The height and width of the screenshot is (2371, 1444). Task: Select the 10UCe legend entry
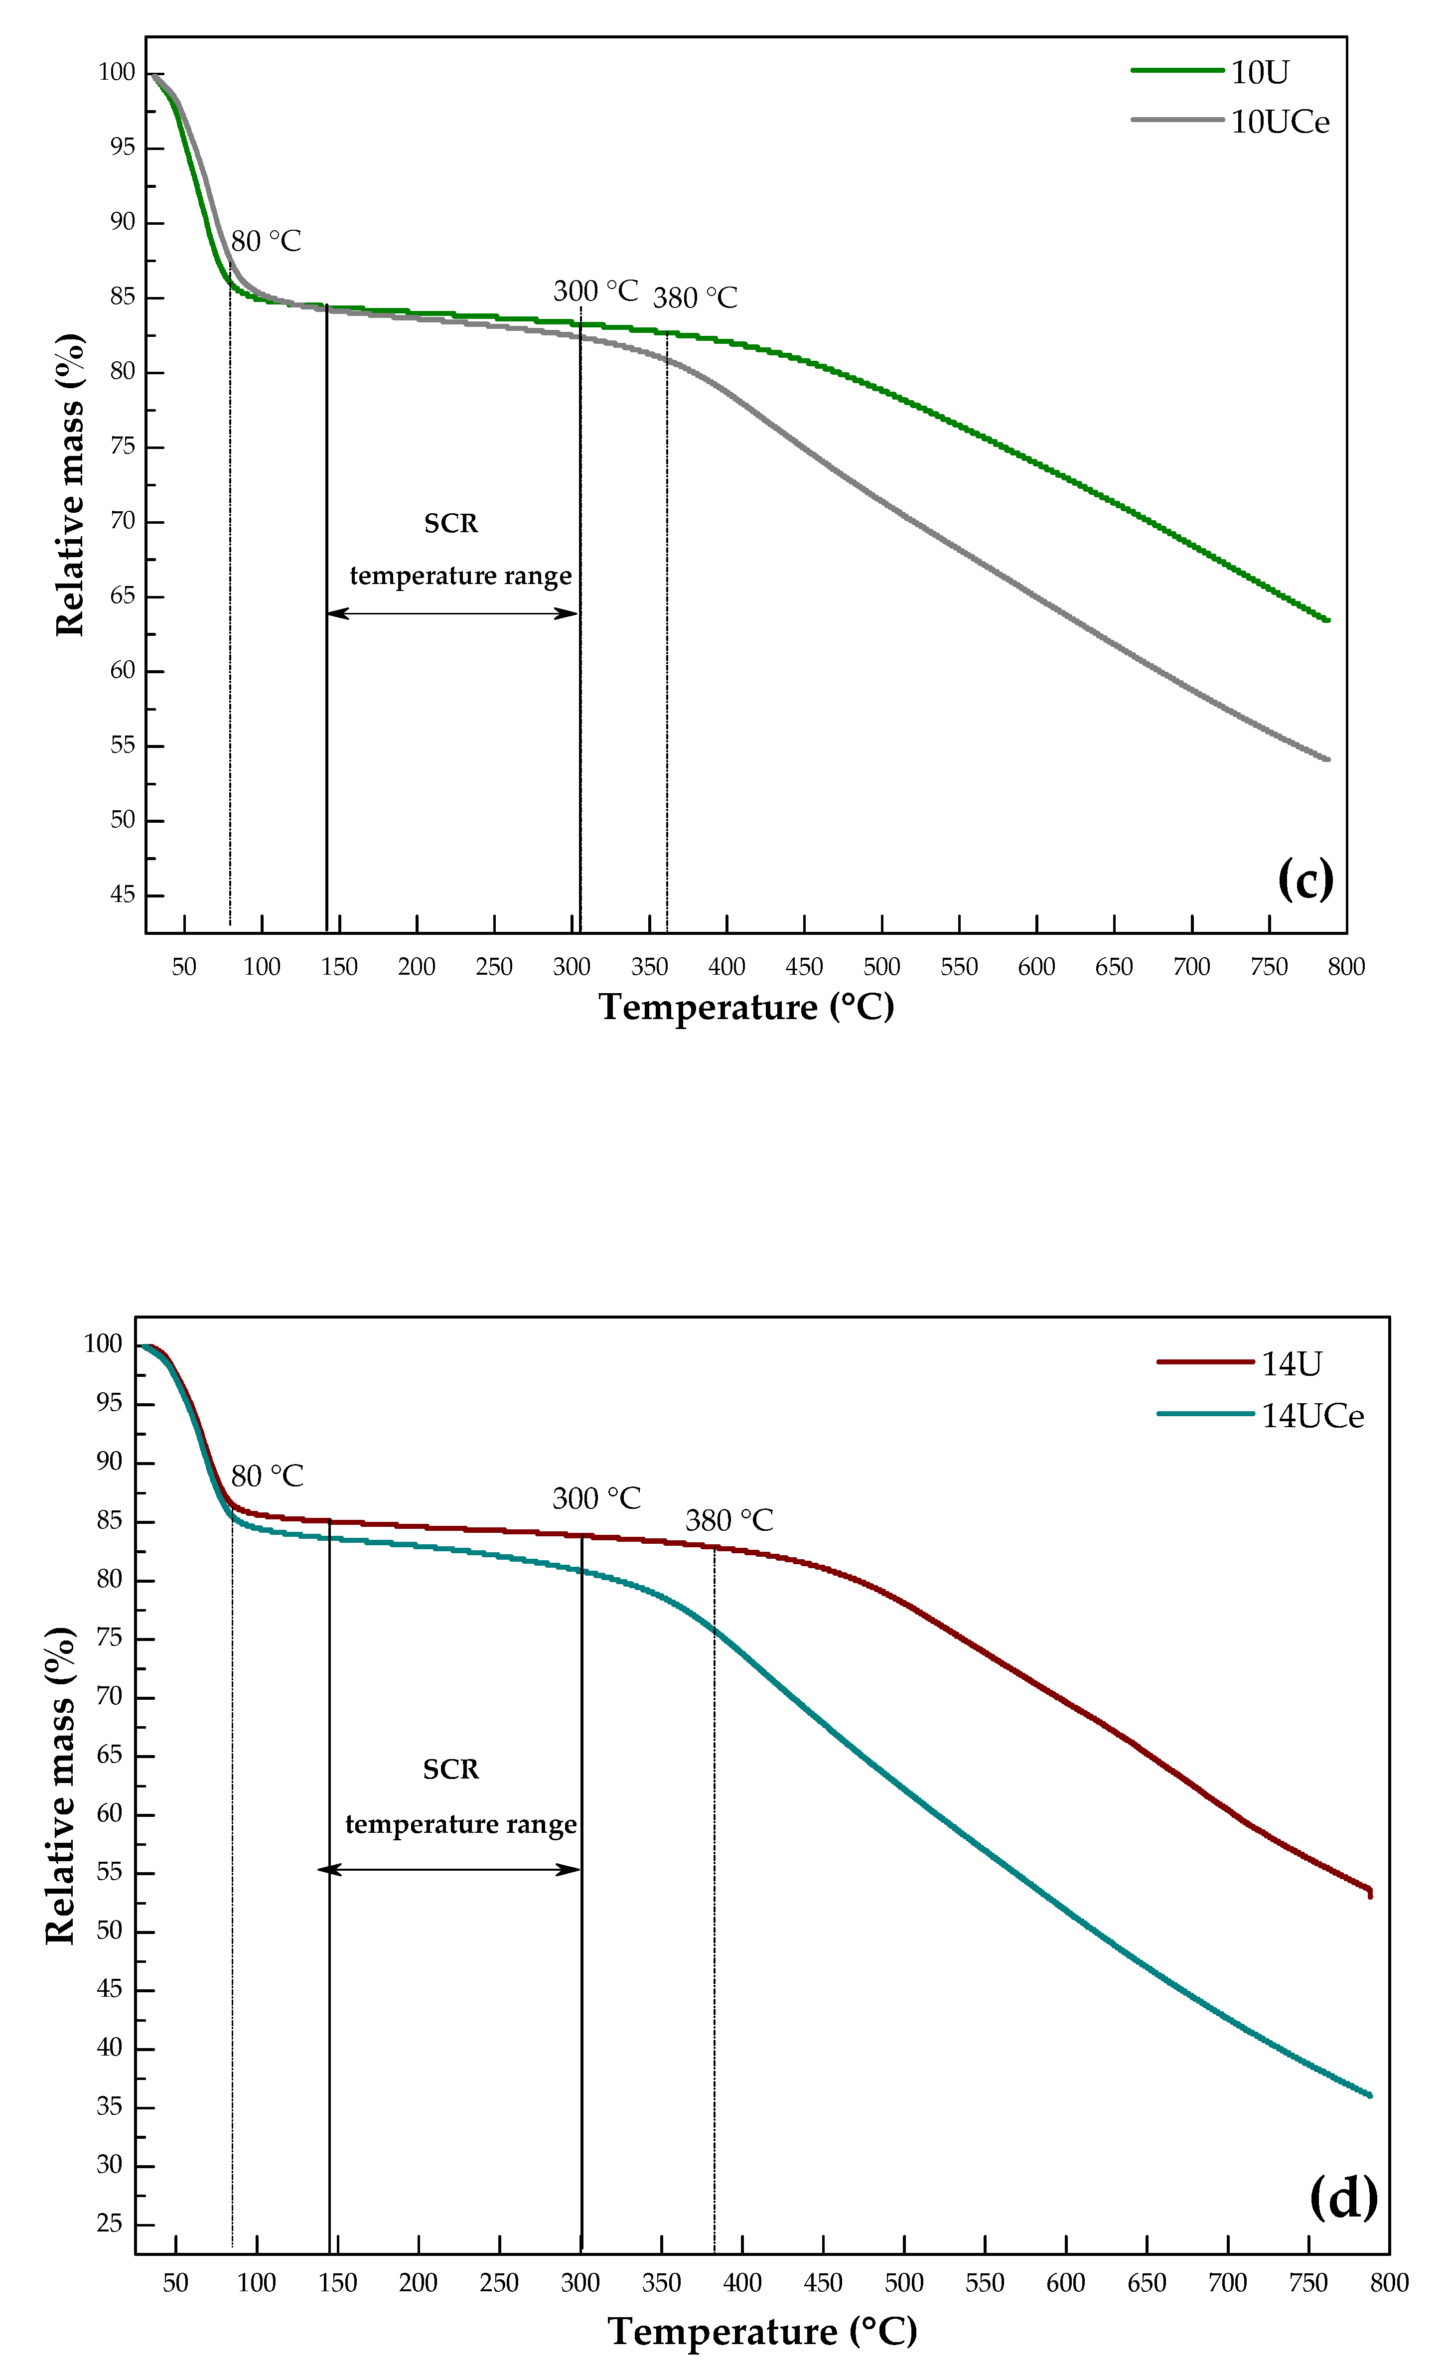1280,122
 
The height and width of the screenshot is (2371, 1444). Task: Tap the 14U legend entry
1291,1363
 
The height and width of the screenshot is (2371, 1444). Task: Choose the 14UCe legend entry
1312,1416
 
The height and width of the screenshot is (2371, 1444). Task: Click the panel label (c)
1305,878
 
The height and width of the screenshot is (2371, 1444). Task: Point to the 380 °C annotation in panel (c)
695,298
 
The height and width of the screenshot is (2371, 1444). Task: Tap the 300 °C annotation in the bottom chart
595,1498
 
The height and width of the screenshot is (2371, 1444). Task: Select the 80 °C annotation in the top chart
266,242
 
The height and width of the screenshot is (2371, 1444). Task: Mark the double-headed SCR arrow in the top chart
452,613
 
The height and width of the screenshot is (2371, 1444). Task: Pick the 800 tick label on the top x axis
1346,967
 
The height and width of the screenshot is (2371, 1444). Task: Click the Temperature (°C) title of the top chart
746,1008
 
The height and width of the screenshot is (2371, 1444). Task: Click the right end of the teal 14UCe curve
1369,2095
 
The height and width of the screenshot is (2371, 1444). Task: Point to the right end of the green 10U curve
1327,620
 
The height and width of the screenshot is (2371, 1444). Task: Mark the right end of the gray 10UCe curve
1327,759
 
